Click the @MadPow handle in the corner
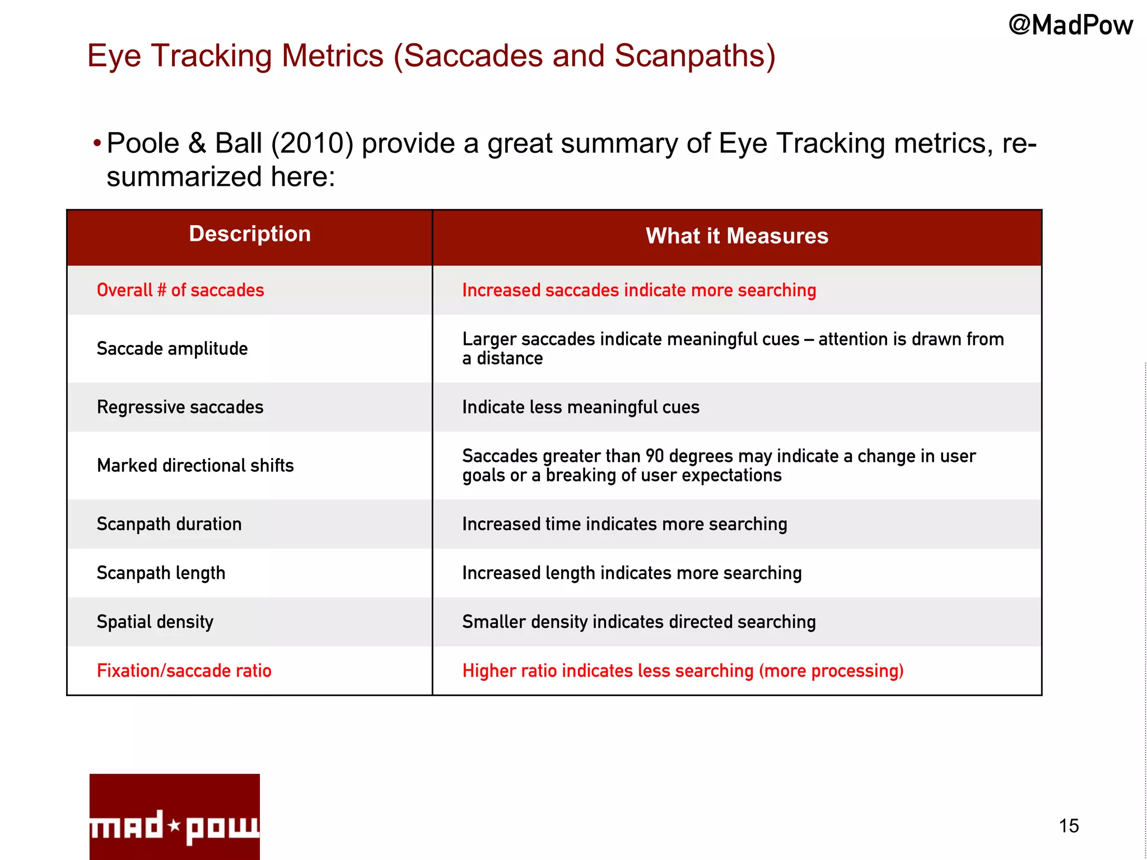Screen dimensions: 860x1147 [1070, 25]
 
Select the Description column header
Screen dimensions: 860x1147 [250, 234]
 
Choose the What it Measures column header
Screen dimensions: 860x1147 [736, 236]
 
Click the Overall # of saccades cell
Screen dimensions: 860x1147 [180, 290]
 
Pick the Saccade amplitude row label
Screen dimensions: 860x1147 [172, 348]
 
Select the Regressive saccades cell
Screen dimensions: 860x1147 [180, 407]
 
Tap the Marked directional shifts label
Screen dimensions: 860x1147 [195, 465]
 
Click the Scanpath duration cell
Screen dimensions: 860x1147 [169, 524]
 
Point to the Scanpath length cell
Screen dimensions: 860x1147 [161, 573]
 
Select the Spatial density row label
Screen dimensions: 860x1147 [155, 622]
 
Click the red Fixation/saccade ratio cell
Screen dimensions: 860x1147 [184, 671]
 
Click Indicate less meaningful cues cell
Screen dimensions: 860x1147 [581, 407]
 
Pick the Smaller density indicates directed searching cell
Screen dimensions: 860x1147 [638, 622]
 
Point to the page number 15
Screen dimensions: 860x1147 [1069, 826]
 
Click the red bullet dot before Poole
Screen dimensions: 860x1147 [97, 143]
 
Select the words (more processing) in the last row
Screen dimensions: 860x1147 [831, 671]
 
